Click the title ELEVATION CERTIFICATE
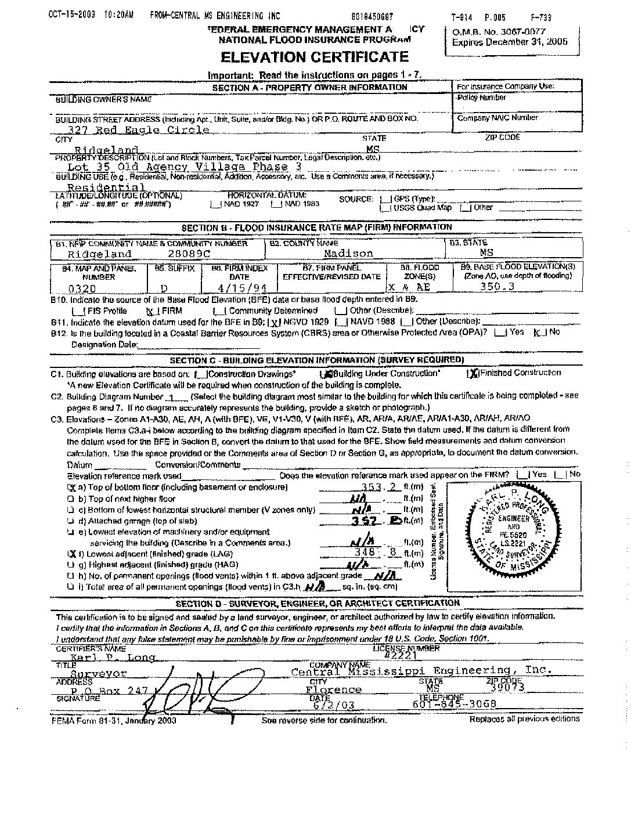(x=313, y=57)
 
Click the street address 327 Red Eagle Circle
(x=139, y=130)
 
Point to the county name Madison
(x=348, y=254)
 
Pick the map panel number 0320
(x=82, y=287)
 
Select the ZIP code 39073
(x=507, y=688)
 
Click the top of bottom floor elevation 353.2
(x=381, y=487)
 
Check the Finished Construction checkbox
(x=474, y=373)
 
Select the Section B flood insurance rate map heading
(x=316, y=228)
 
